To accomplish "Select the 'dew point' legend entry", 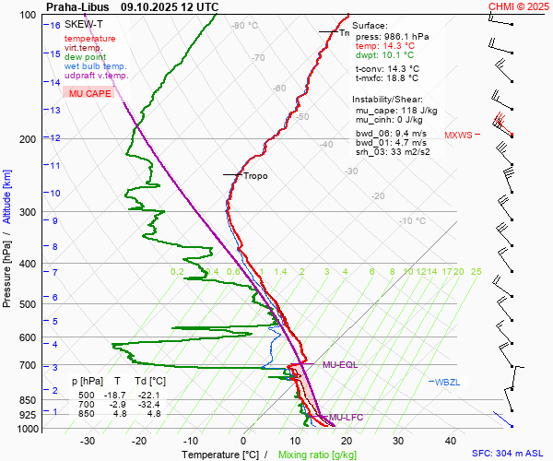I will [x=85, y=57].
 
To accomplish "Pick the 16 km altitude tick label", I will [x=55, y=25].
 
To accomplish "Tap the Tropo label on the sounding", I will [x=255, y=175].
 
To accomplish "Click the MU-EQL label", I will [x=340, y=365].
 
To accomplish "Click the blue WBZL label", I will [x=446, y=382].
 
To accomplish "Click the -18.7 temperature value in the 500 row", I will [x=117, y=395].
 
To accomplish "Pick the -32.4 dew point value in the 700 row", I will [x=151, y=404].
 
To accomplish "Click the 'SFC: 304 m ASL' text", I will [x=510, y=454].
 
